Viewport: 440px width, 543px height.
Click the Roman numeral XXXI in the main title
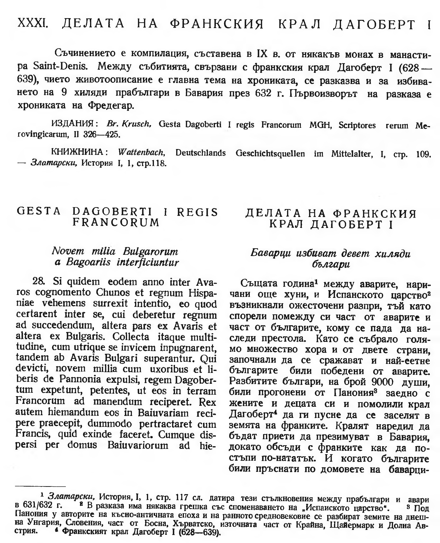(x=33, y=24)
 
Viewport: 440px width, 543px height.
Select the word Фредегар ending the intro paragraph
(x=111, y=106)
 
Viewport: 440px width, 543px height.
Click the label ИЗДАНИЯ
(x=75, y=124)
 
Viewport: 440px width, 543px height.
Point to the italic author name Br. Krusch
(x=129, y=124)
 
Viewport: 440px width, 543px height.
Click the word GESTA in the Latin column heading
(x=39, y=211)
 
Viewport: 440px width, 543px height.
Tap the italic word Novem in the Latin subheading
(x=68, y=251)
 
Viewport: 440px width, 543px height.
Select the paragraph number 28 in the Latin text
(x=39, y=281)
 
